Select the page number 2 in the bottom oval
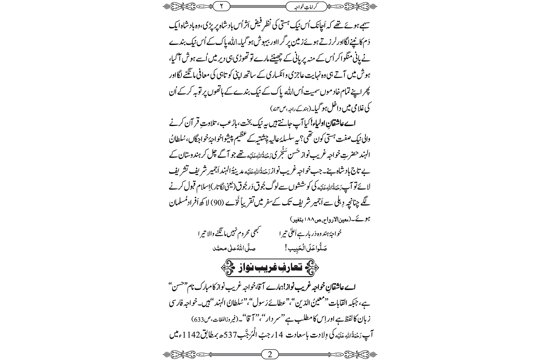(270, 354)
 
